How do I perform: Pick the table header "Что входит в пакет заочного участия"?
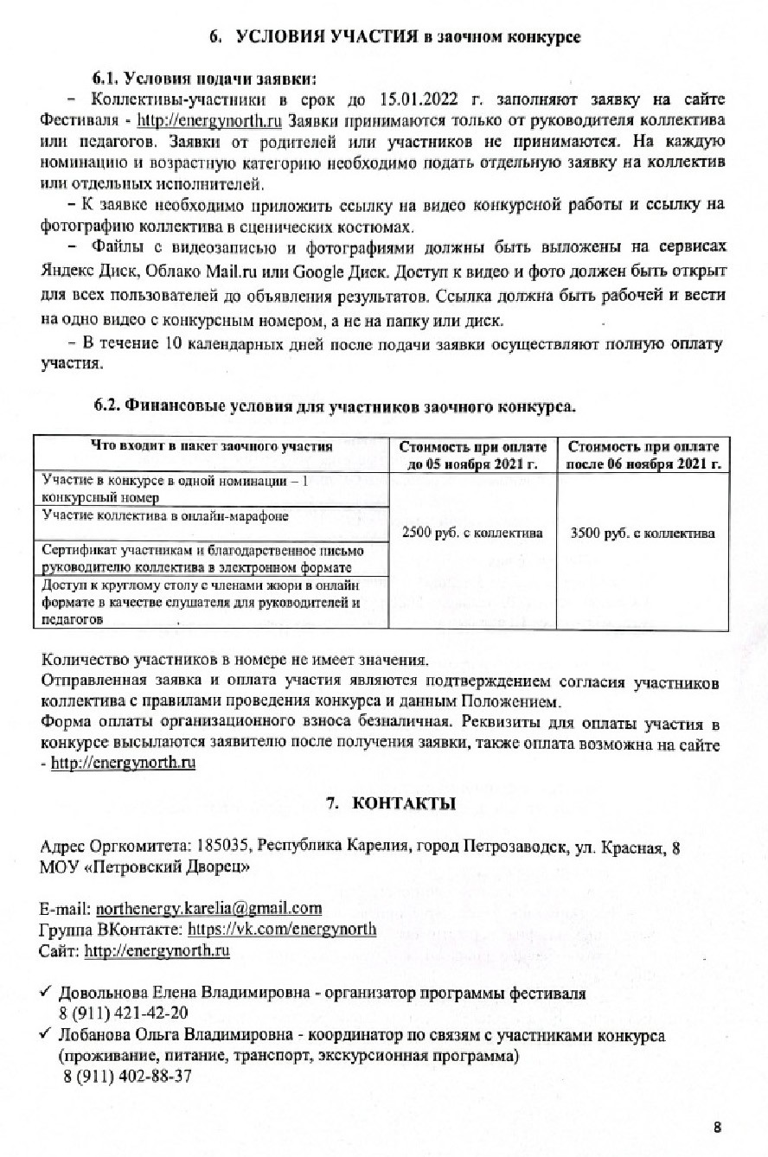coord(212,446)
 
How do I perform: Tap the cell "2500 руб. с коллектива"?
coord(472,533)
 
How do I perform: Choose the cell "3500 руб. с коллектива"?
coord(643,533)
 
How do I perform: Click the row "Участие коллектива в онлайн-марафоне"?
coord(165,515)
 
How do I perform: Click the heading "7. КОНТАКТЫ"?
coord(390,803)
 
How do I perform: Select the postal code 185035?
coord(224,846)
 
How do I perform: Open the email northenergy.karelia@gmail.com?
coord(209,909)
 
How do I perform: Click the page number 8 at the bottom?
coord(718,1127)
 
